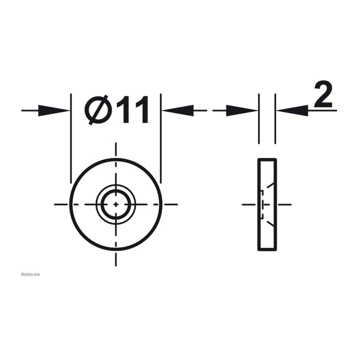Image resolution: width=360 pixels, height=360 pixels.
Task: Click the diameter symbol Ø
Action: click(96, 110)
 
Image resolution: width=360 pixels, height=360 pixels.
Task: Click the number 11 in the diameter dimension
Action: click(132, 110)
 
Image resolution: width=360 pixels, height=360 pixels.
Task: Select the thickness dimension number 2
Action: click(323, 94)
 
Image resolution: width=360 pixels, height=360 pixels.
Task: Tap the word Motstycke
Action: click(30, 274)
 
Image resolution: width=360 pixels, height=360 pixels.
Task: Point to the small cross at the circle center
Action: click(116, 204)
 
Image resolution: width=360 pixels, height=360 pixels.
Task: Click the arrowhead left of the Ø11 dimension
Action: click(54, 110)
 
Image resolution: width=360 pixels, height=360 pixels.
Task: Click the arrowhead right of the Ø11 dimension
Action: click(177, 110)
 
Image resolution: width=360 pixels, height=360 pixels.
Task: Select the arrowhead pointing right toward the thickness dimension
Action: click(242, 110)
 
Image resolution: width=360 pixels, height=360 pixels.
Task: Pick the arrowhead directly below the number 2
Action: click(292, 110)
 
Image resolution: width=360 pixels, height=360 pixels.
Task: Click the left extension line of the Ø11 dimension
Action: click(71, 139)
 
